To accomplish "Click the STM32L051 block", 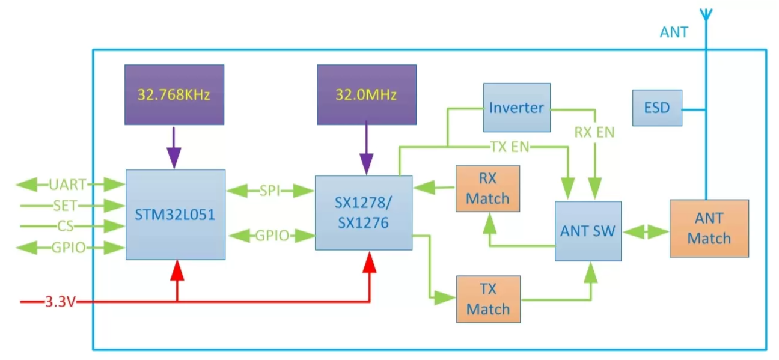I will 176,215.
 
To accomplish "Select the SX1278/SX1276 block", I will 364,213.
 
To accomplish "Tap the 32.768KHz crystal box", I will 174,95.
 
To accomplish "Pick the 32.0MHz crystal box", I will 367,95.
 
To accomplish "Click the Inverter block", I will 517,108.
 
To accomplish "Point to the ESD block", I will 657,108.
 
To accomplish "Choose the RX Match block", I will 487,189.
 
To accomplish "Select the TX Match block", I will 487,299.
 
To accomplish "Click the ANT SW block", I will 588,231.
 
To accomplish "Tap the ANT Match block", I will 709,228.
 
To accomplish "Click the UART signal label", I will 67,184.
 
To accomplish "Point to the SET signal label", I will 65,206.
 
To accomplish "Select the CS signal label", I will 65,227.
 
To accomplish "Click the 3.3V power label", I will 60,302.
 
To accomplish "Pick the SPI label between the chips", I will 270,191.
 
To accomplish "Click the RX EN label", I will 594,132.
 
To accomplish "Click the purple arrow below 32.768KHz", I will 174,147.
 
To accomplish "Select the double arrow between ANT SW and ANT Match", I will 646,231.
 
